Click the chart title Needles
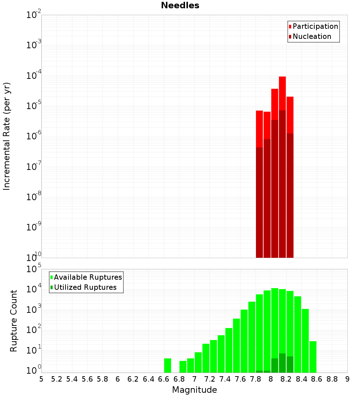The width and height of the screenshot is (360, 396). pos(180,5)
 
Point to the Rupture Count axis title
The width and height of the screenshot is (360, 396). pos(14,321)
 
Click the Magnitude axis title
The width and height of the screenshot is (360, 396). pos(194,390)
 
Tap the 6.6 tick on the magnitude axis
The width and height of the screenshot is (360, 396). pos(164,379)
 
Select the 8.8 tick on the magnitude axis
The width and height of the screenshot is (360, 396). pos(332,379)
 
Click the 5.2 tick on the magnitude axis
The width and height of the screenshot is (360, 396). pos(57,379)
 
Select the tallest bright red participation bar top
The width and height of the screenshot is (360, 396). pos(282,77)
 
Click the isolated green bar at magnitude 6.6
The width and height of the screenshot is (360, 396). pos(167,365)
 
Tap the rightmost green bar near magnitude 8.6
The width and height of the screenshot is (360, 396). pos(313,356)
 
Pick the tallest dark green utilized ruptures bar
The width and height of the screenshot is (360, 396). pos(282,363)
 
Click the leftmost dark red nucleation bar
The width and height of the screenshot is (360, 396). pos(259,202)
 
